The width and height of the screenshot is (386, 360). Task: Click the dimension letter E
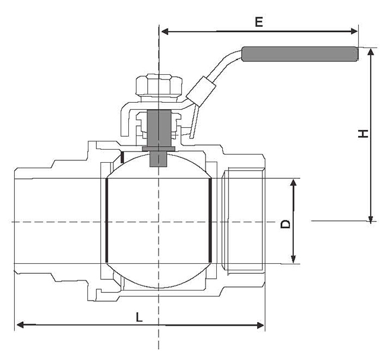coord(258,22)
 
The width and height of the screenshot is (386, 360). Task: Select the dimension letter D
coord(286,224)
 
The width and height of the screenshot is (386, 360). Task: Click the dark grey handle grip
coord(300,54)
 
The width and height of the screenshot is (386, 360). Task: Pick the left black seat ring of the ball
coord(107,220)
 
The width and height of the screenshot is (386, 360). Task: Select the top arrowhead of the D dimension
coord(293,182)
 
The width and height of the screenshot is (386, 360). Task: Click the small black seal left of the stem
coord(121,157)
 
